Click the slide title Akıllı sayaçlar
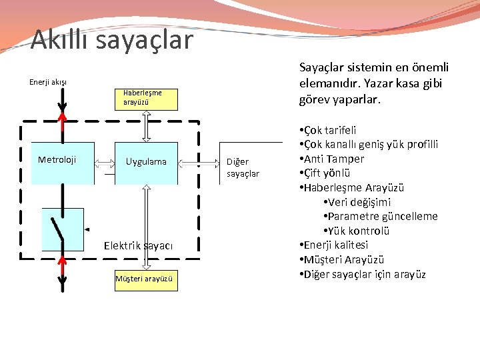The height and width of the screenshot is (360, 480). click(x=111, y=39)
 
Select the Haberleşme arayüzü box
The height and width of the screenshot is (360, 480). click(x=146, y=98)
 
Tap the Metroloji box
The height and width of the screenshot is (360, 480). click(x=57, y=161)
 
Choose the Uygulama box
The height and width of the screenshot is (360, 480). click(x=146, y=162)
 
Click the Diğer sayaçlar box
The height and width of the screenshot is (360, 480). click(x=247, y=167)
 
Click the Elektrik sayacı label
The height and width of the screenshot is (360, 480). click(x=139, y=246)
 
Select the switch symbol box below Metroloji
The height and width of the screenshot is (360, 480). click(x=62, y=229)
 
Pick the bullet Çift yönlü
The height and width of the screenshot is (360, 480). click(x=329, y=173)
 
